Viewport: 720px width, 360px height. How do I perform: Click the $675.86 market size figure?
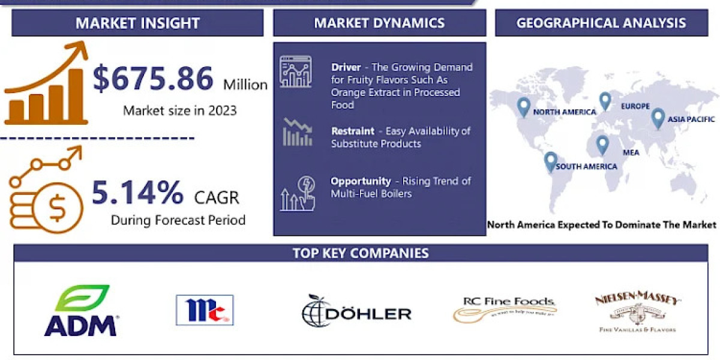153,79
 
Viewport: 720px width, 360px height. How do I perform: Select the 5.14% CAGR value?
137,193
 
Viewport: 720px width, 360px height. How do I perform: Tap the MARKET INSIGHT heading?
137,23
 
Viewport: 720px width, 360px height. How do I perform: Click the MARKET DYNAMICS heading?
379,23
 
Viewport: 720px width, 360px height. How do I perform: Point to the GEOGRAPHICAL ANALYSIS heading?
601,23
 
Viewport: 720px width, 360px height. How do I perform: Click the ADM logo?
80,310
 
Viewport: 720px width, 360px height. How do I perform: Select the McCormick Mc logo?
205,310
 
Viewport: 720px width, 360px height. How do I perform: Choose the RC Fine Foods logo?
505,308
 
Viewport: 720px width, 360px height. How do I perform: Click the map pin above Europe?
605,101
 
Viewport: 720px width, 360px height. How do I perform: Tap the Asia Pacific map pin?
658,118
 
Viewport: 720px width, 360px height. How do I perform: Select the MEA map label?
631,152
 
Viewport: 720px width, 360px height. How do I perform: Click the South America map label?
586,166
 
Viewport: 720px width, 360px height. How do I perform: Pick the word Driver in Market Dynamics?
346,67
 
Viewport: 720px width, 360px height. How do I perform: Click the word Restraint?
353,131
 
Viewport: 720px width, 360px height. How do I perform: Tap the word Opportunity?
361,181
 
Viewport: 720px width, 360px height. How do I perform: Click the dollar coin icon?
57,207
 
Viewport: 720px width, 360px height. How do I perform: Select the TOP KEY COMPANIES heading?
361,253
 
